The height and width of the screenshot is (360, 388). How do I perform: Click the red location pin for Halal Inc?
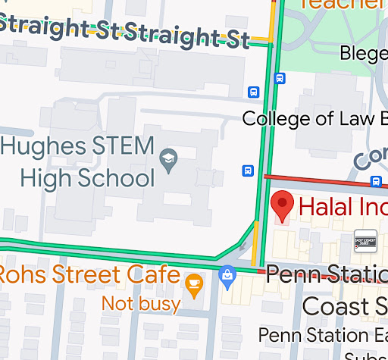coord(283,205)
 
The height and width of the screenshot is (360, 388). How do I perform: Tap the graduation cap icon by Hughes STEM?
coord(168,158)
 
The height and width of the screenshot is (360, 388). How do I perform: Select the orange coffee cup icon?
coord(194,283)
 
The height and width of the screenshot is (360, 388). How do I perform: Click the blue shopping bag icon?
coord(227,277)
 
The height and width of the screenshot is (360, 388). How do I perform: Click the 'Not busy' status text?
coord(141,305)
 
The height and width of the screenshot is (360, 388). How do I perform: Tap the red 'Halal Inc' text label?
coord(342,206)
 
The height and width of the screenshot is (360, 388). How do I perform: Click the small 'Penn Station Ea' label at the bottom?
coord(323,334)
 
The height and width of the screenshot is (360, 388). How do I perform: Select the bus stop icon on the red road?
coord(376,181)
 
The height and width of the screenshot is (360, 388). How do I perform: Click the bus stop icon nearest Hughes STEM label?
coord(247,171)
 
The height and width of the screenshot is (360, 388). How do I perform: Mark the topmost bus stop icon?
coord(280,78)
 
